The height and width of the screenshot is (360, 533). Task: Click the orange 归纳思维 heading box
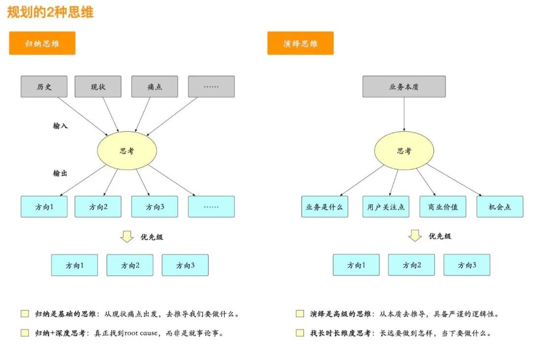42,43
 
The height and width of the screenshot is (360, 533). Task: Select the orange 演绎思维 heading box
300,43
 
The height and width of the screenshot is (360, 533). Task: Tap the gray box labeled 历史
44,86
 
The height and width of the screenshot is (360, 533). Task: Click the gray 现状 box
98,86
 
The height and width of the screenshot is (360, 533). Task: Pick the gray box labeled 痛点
154,86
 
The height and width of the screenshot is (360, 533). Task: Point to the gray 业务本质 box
404,86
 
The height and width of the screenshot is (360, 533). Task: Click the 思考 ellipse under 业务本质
404,151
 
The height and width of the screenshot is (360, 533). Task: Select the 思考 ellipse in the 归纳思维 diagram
127,151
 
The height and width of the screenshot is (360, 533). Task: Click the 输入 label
60,126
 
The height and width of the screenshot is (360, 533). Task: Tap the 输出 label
60,173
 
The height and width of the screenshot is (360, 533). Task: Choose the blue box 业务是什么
324,207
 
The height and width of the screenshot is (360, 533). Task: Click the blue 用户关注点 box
386,207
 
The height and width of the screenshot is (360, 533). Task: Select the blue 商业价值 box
443,207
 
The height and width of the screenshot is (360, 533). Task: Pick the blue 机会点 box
499,207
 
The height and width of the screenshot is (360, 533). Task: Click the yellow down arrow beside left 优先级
127,236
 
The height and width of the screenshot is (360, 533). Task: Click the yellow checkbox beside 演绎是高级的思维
300,314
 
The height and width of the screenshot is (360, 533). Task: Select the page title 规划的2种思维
50,12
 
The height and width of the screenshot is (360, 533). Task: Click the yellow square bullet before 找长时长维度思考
300,333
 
